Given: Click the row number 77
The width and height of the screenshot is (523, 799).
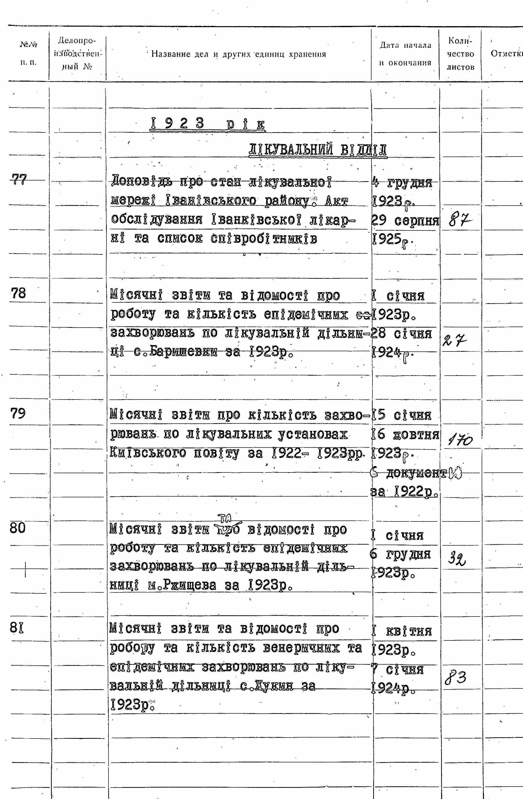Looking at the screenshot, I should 19,179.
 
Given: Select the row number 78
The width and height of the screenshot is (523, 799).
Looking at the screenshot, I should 18,294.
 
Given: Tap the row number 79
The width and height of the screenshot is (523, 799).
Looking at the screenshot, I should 18,413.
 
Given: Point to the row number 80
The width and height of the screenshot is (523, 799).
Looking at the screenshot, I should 18,528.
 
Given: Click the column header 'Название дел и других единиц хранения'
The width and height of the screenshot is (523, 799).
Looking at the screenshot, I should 239,54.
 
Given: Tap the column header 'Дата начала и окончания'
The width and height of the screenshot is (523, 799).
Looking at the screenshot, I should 405,54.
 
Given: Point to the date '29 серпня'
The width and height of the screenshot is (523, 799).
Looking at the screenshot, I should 405,221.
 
